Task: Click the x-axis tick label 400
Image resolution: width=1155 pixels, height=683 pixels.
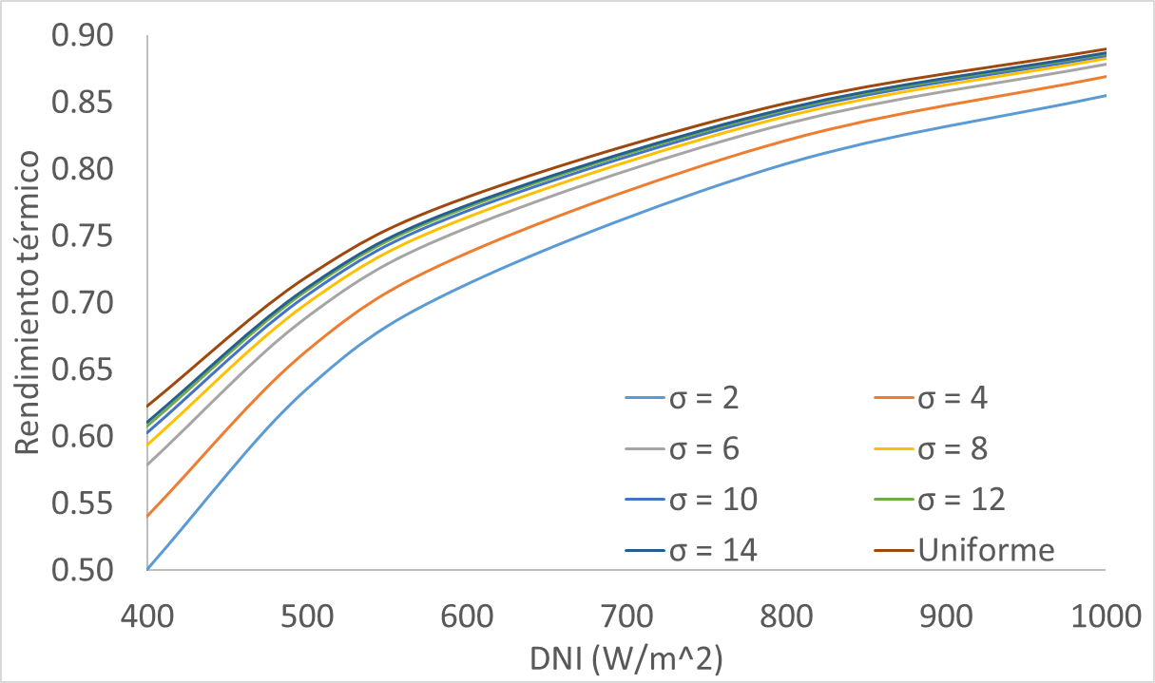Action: click(x=147, y=618)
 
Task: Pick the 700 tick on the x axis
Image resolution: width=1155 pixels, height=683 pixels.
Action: click(x=626, y=618)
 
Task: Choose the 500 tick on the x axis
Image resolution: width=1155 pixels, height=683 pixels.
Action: click(x=307, y=618)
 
